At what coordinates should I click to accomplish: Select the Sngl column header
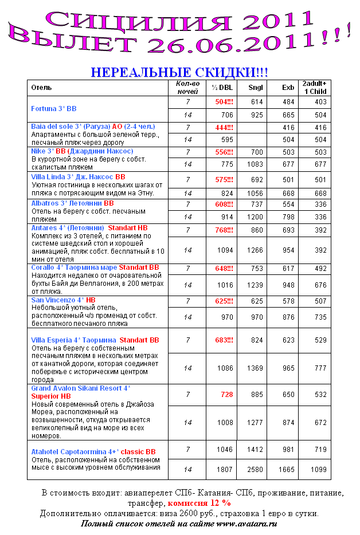tap(256, 88)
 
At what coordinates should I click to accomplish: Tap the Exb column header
tap(288, 88)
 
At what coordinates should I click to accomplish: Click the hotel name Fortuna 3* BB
tap(54, 108)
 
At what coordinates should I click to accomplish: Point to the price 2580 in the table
tap(255, 470)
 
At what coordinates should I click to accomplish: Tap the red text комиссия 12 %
tap(199, 503)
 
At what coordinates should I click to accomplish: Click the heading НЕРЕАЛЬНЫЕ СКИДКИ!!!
tap(179, 72)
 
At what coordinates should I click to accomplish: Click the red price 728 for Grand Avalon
tap(226, 394)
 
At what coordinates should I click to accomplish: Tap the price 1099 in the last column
tap(318, 470)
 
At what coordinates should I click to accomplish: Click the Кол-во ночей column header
tap(187, 87)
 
